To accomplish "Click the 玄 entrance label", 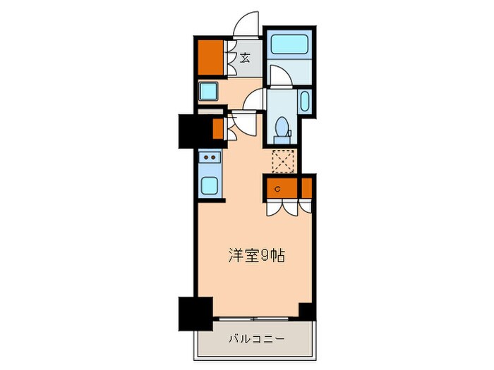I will tap(244, 58).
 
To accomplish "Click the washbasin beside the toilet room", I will tap(304, 101).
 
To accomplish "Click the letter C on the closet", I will tap(277, 188).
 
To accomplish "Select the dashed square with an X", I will tap(282, 161).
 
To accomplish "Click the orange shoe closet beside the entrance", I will tap(210, 58).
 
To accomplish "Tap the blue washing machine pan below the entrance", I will tap(209, 91).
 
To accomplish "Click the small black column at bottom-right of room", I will tap(306, 311).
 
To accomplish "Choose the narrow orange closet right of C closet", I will tap(306, 187).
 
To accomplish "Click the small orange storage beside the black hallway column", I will tap(218, 129).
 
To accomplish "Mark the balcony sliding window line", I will tap(255, 319).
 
